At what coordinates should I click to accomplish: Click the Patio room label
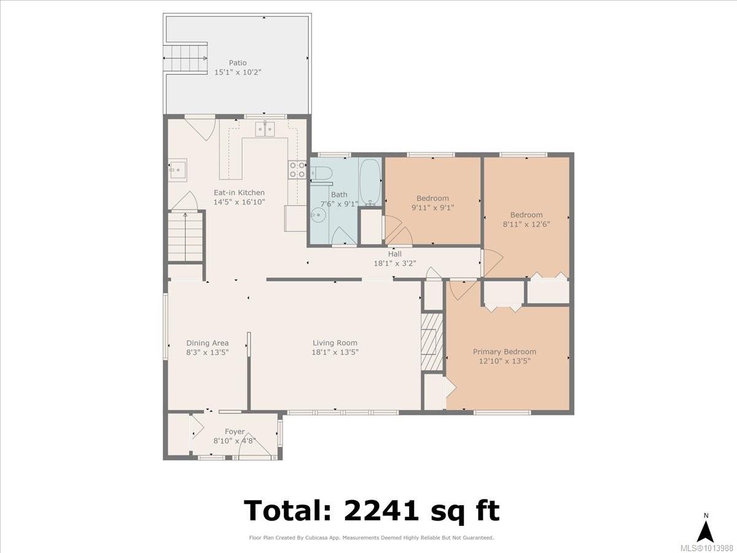pos(238,63)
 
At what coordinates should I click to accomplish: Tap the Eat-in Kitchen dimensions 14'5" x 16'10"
pos(239,202)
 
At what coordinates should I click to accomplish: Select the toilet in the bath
pos(321,173)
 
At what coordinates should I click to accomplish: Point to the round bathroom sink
pos(318,215)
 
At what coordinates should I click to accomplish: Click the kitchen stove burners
pos(297,170)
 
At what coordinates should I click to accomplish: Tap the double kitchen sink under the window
pos(265,129)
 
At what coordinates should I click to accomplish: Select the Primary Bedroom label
pos(504,351)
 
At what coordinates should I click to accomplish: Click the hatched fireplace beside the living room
pos(432,342)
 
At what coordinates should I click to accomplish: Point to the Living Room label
pos(335,343)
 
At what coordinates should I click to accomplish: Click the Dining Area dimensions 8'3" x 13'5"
pos(208,352)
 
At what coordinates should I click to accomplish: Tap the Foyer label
pos(235,431)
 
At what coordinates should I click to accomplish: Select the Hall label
pos(395,254)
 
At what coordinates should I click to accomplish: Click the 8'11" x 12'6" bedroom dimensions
pos(526,224)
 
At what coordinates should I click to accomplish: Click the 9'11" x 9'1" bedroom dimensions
pos(432,208)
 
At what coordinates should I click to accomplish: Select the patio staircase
pos(185,58)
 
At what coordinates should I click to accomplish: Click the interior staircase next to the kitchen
pos(185,237)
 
